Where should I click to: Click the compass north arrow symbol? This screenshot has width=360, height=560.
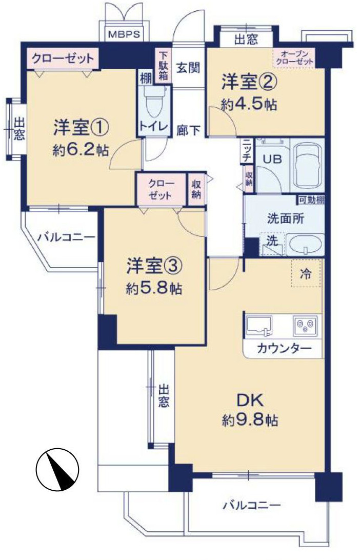coord(57,469)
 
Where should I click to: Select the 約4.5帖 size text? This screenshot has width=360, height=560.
coord(249,104)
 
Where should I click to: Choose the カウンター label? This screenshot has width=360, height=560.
coord(284,349)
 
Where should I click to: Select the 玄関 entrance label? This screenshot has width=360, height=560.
coord(188,67)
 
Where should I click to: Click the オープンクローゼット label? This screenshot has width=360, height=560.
coord(294,57)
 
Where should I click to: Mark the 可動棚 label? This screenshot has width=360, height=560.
coord(311,200)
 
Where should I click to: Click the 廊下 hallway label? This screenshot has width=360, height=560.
coord(189,130)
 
